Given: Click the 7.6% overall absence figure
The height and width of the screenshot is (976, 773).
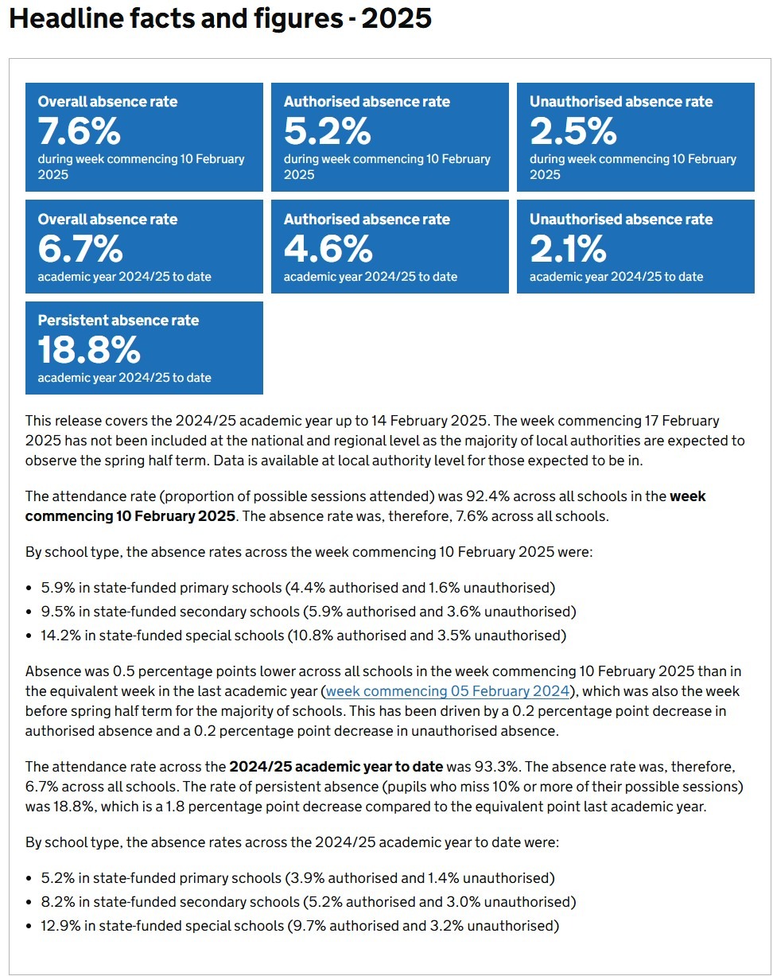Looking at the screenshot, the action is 80,130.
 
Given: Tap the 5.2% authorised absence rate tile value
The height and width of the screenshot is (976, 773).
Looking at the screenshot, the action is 328,130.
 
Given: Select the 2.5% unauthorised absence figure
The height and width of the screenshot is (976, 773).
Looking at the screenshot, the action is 573,130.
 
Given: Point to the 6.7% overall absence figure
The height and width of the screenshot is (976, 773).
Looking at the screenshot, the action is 80,248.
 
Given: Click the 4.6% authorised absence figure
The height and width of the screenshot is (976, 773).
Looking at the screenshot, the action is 328,248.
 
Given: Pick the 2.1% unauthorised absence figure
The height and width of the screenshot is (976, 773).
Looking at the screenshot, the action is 568,248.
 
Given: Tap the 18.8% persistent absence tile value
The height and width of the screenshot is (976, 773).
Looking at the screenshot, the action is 89,350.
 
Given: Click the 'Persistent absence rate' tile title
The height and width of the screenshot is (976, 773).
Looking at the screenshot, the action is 118,321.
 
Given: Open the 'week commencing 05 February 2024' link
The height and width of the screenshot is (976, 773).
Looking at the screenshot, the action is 448,690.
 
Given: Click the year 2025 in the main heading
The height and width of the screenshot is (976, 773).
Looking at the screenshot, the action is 397,18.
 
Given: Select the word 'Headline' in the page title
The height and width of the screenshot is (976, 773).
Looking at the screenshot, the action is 66,18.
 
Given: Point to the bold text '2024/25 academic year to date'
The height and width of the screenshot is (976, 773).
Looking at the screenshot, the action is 336,766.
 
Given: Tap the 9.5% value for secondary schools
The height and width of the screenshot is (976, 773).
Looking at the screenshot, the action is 58,611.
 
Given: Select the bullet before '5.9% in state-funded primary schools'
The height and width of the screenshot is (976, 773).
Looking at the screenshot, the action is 29,589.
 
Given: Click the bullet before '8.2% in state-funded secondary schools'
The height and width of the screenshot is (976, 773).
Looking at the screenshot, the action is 29,902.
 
